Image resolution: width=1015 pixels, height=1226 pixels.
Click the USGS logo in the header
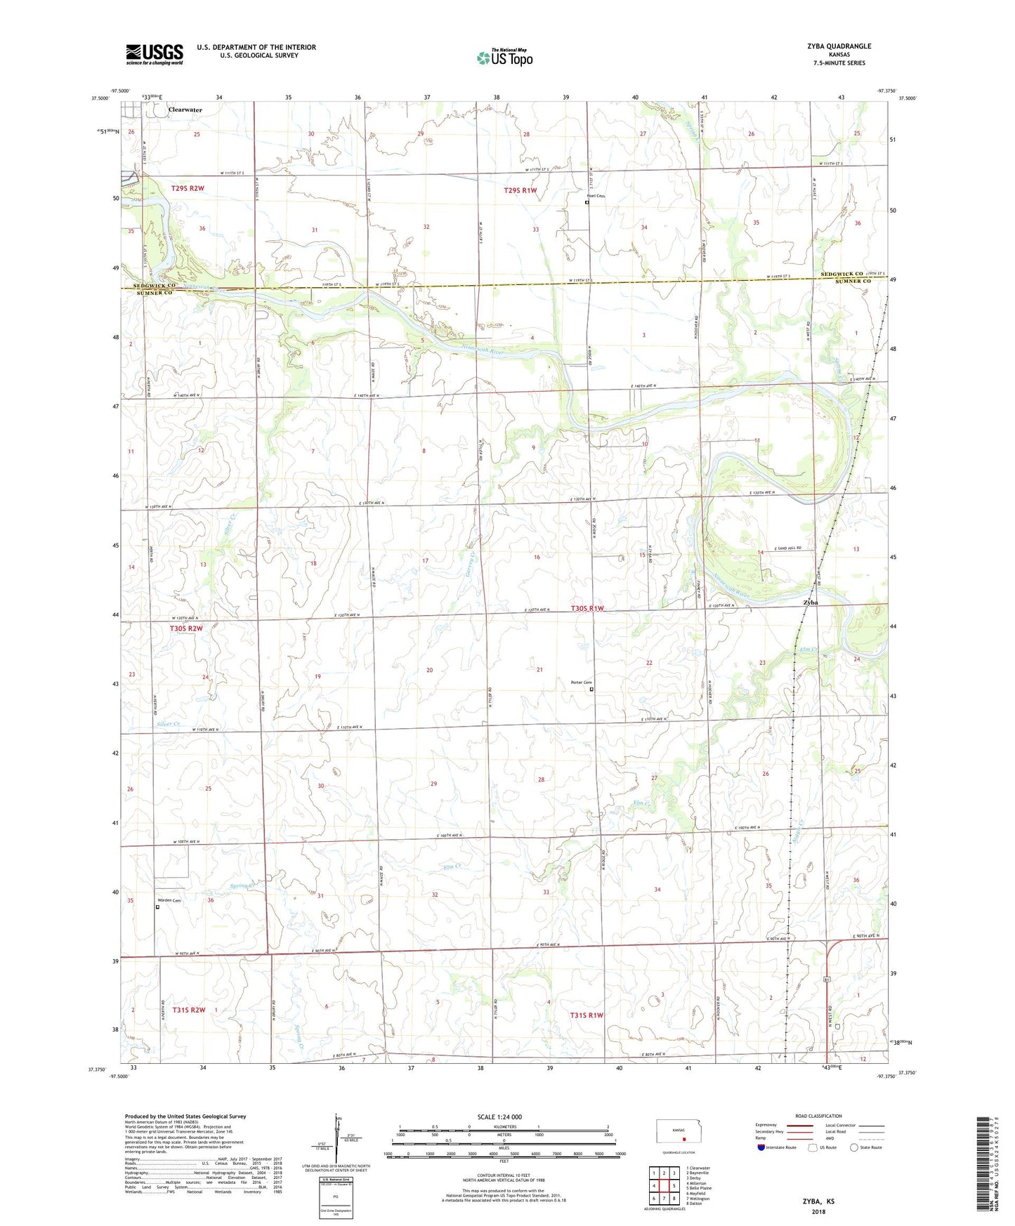coord(155,54)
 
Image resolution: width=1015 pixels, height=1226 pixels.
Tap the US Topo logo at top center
coord(504,58)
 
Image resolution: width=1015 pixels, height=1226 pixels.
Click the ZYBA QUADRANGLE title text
coord(839,46)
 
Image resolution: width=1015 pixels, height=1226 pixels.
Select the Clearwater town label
coord(185,110)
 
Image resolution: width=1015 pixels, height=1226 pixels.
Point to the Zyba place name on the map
coord(811,602)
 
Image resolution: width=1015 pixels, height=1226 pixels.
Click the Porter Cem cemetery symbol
coord(591,690)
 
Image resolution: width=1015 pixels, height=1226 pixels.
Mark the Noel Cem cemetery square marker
coord(587,203)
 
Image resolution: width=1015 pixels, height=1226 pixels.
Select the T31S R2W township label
coord(189,1010)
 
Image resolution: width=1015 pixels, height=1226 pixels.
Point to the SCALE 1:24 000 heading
coord(499,1116)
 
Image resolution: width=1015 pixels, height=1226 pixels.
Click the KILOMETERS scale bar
coord(504,1131)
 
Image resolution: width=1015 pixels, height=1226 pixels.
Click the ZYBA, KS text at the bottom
coord(818,1201)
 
